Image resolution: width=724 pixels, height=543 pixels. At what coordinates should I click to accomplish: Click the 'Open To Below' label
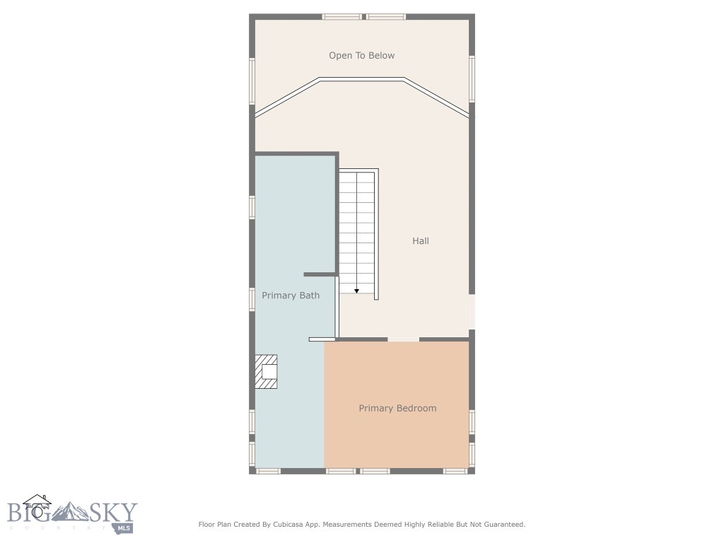coord(361,55)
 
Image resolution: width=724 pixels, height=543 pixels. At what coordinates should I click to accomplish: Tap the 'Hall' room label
coord(421,241)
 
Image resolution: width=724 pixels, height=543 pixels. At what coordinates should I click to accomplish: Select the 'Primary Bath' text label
coord(291,296)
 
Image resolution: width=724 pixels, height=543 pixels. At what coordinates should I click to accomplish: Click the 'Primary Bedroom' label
coord(397,408)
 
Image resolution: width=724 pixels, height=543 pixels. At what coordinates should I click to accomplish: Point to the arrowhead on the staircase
coord(357,290)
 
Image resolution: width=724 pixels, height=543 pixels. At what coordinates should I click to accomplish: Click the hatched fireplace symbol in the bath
coord(267,371)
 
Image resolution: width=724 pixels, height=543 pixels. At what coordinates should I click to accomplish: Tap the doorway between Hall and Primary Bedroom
coord(403,339)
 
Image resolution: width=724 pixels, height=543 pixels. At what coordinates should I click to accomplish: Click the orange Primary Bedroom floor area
coord(396,438)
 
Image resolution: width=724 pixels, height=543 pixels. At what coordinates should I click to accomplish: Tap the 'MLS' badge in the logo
coord(124,527)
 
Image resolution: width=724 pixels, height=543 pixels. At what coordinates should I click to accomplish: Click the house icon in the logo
coord(37,506)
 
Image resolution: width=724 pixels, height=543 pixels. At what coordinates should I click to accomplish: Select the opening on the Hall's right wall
coord(472,311)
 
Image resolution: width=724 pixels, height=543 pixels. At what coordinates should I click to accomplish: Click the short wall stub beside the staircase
coord(320,274)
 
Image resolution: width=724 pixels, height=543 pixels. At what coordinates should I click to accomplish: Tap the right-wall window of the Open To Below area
coord(472,79)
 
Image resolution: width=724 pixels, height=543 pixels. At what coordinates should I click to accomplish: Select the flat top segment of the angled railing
coord(362,78)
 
